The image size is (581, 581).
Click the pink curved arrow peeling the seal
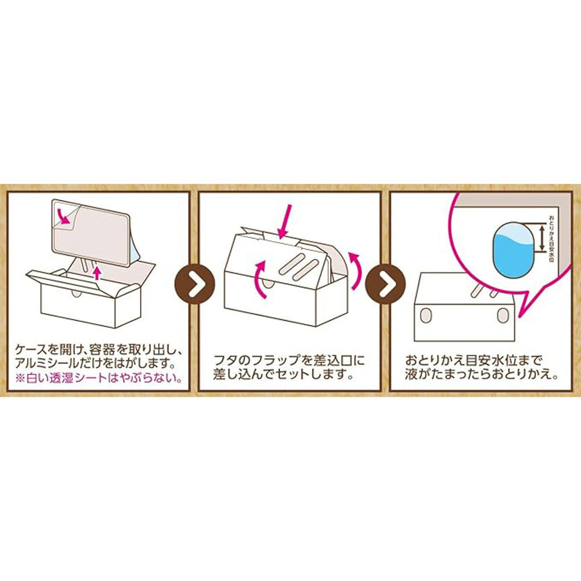pos(69,218)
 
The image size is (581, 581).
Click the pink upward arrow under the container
pos(98,272)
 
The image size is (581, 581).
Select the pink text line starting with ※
pos(99,378)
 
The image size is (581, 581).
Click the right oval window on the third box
pos(501,315)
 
